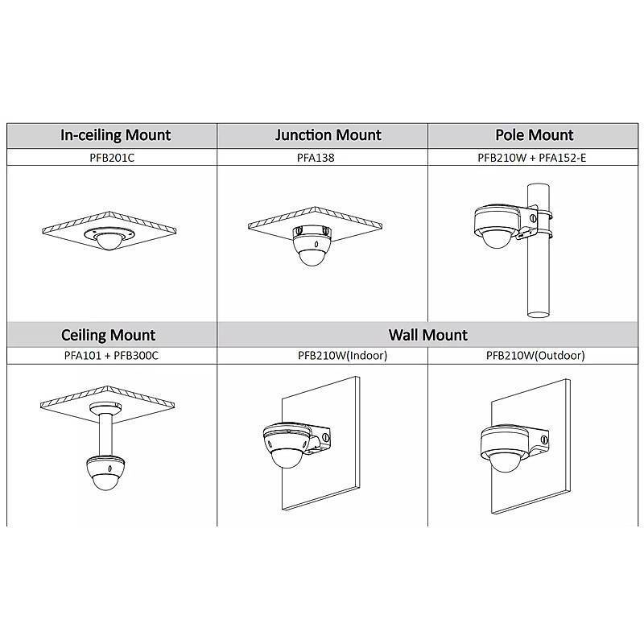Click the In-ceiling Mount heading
coord(116,135)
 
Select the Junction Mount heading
coord(328,135)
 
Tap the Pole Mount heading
coord(535,135)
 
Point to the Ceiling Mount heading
coord(109,334)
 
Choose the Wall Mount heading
coord(427,334)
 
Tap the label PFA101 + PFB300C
coord(109,355)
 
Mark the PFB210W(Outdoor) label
coord(535,355)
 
